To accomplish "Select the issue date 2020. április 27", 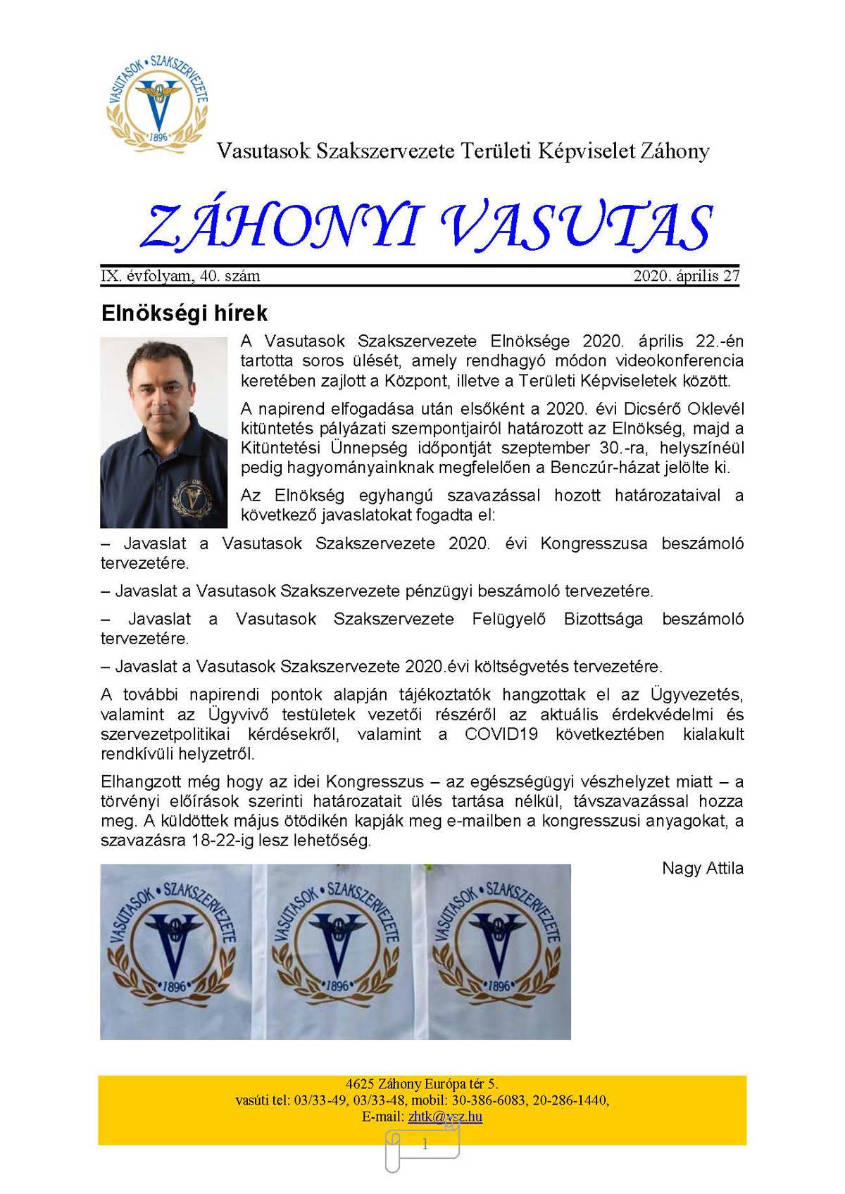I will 686,276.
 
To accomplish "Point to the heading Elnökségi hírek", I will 184,313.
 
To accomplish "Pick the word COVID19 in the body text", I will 501,734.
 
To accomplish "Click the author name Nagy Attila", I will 702,869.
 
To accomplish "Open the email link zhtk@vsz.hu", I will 445,1117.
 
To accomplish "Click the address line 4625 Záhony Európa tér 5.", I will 422,1084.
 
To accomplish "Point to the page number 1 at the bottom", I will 425,1145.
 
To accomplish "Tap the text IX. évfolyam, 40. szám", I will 181,276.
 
